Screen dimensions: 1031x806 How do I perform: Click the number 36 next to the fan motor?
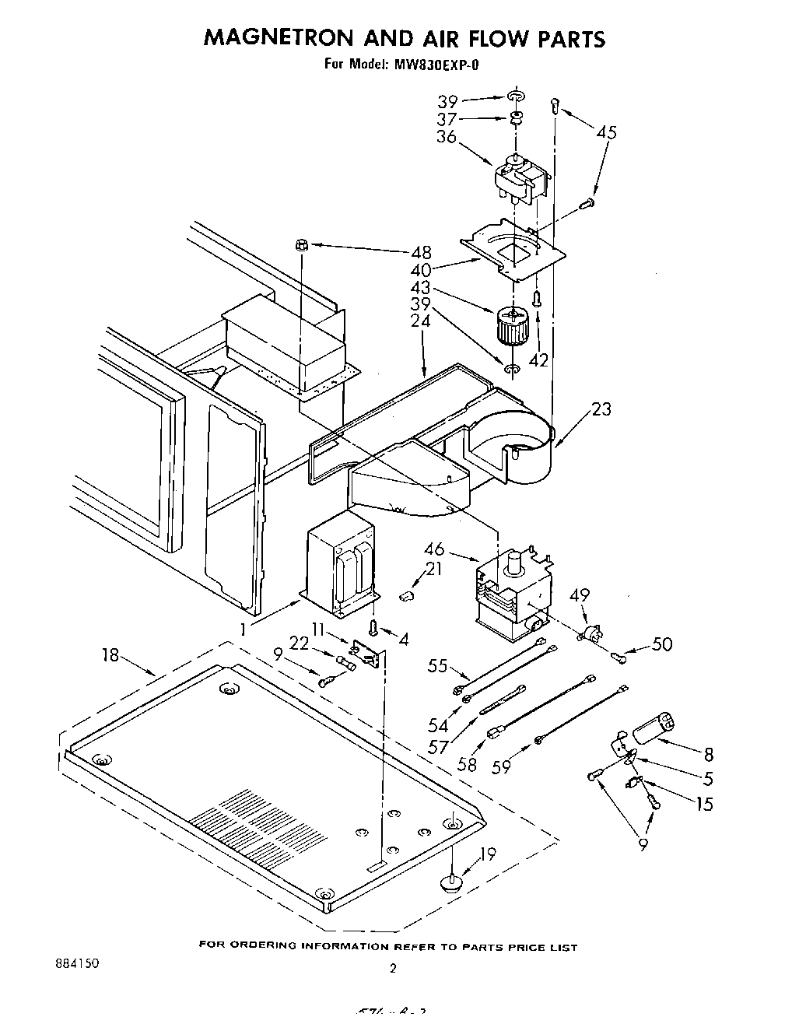pos(446,136)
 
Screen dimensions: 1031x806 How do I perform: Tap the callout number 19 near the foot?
pos(487,854)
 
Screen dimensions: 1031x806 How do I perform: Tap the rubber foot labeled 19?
pos(451,881)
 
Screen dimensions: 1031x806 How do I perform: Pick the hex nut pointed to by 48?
pos(303,246)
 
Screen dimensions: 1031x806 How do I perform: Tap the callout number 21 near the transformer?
pos(433,570)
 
